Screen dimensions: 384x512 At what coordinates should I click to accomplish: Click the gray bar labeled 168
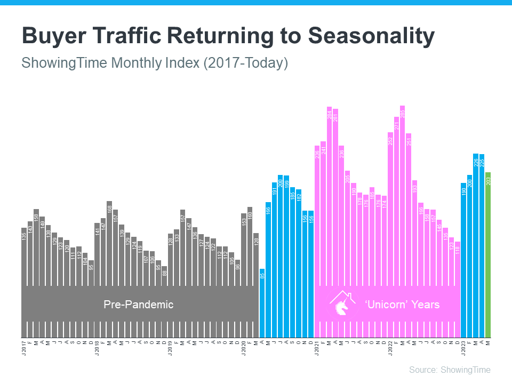109,240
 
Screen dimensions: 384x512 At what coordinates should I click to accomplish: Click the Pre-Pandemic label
138,305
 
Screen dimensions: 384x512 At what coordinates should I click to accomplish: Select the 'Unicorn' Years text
402,305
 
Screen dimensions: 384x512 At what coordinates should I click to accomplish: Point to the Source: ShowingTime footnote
450,370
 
